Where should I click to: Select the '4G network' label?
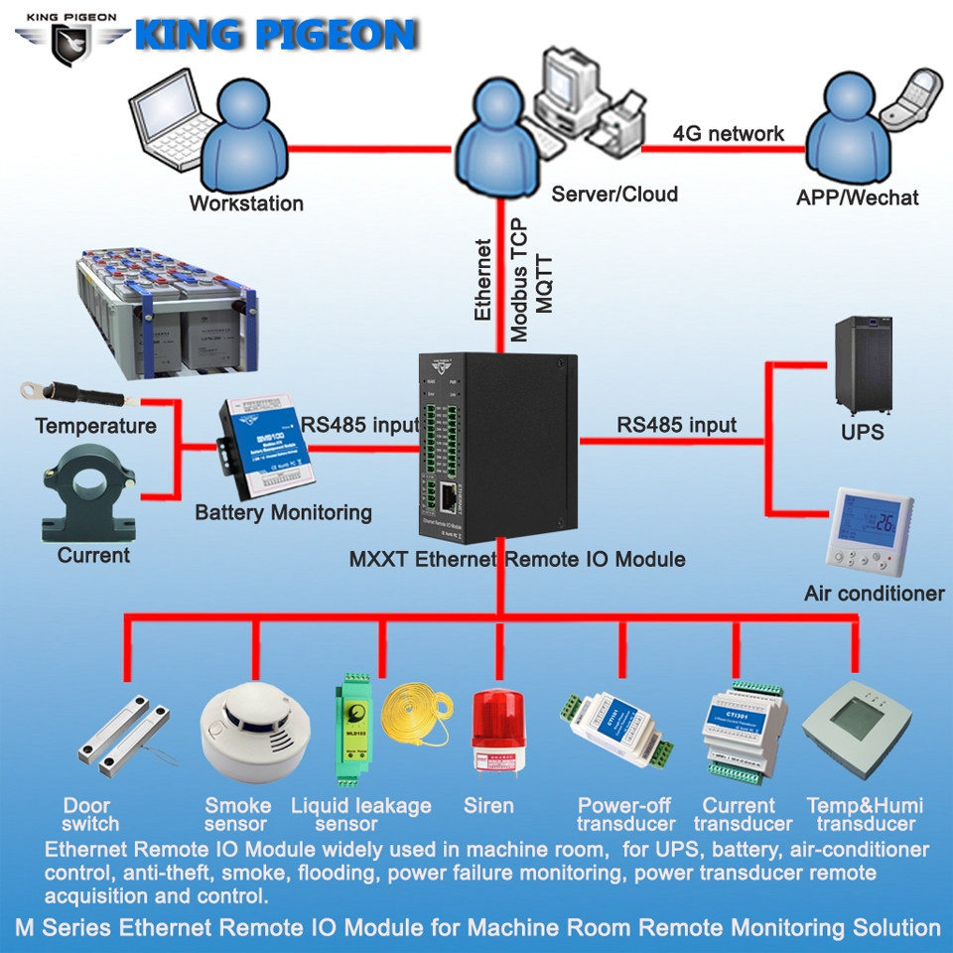coord(728,133)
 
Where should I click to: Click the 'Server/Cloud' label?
coord(614,194)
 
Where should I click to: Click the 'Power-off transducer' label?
coord(625,814)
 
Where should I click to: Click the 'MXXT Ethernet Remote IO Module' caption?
coord(516,559)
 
